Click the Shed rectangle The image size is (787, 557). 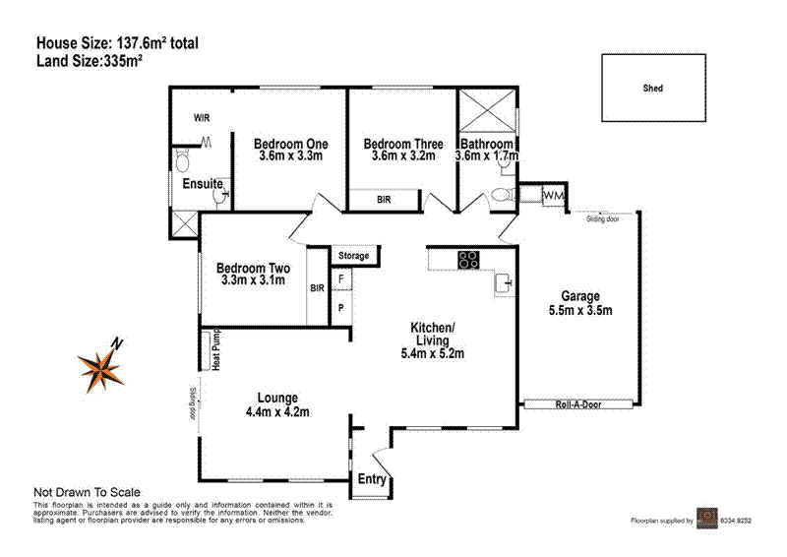click(x=653, y=88)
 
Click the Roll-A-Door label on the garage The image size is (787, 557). click(x=577, y=403)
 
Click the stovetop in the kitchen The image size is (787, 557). click(x=468, y=260)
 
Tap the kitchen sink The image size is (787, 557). click(x=506, y=283)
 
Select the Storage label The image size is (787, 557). click(x=354, y=256)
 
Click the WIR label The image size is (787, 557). click(x=202, y=118)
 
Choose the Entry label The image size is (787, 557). click(x=373, y=479)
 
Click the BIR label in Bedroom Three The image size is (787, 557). click(x=387, y=200)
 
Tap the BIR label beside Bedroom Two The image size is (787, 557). click(x=317, y=289)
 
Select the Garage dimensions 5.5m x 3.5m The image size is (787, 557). click(x=579, y=311)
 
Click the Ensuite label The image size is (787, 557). click(x=202, y=184)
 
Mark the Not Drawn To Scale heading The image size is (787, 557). click(x=88, y=492)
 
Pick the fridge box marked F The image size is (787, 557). click(x=341, y=279)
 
